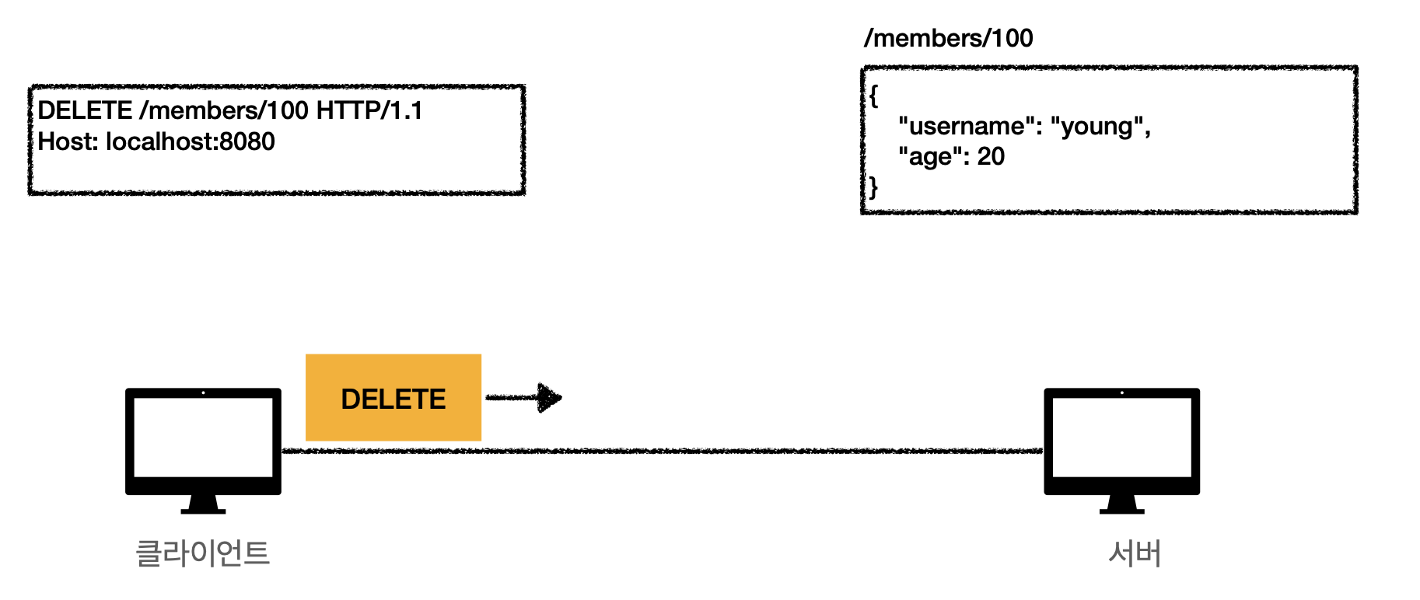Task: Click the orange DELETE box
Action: [x=393, y=398]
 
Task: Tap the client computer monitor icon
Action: [x=203, y=440]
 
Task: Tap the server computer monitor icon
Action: [x=1121, y=440]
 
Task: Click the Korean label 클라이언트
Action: [x=203, y=553]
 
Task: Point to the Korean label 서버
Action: [x=1135, y=553]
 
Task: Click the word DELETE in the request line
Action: [x=85, y=110]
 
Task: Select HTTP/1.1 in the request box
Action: [x=369, y=110]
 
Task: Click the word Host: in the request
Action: [x=68, y=141]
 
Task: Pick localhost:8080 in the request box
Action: [x=191, y=141]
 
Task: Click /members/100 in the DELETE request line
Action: [x=224, y=110]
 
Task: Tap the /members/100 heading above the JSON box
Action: [x=949, y=38]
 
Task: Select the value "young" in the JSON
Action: [x=1097, y=126]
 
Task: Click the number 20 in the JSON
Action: [x=991, y=157]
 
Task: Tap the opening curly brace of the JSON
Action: [x=874, y=96]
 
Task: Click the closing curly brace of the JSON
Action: [x=874, y=187]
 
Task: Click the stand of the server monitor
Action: [x=1121, y=505]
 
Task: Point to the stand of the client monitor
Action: [x=203, y=505]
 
